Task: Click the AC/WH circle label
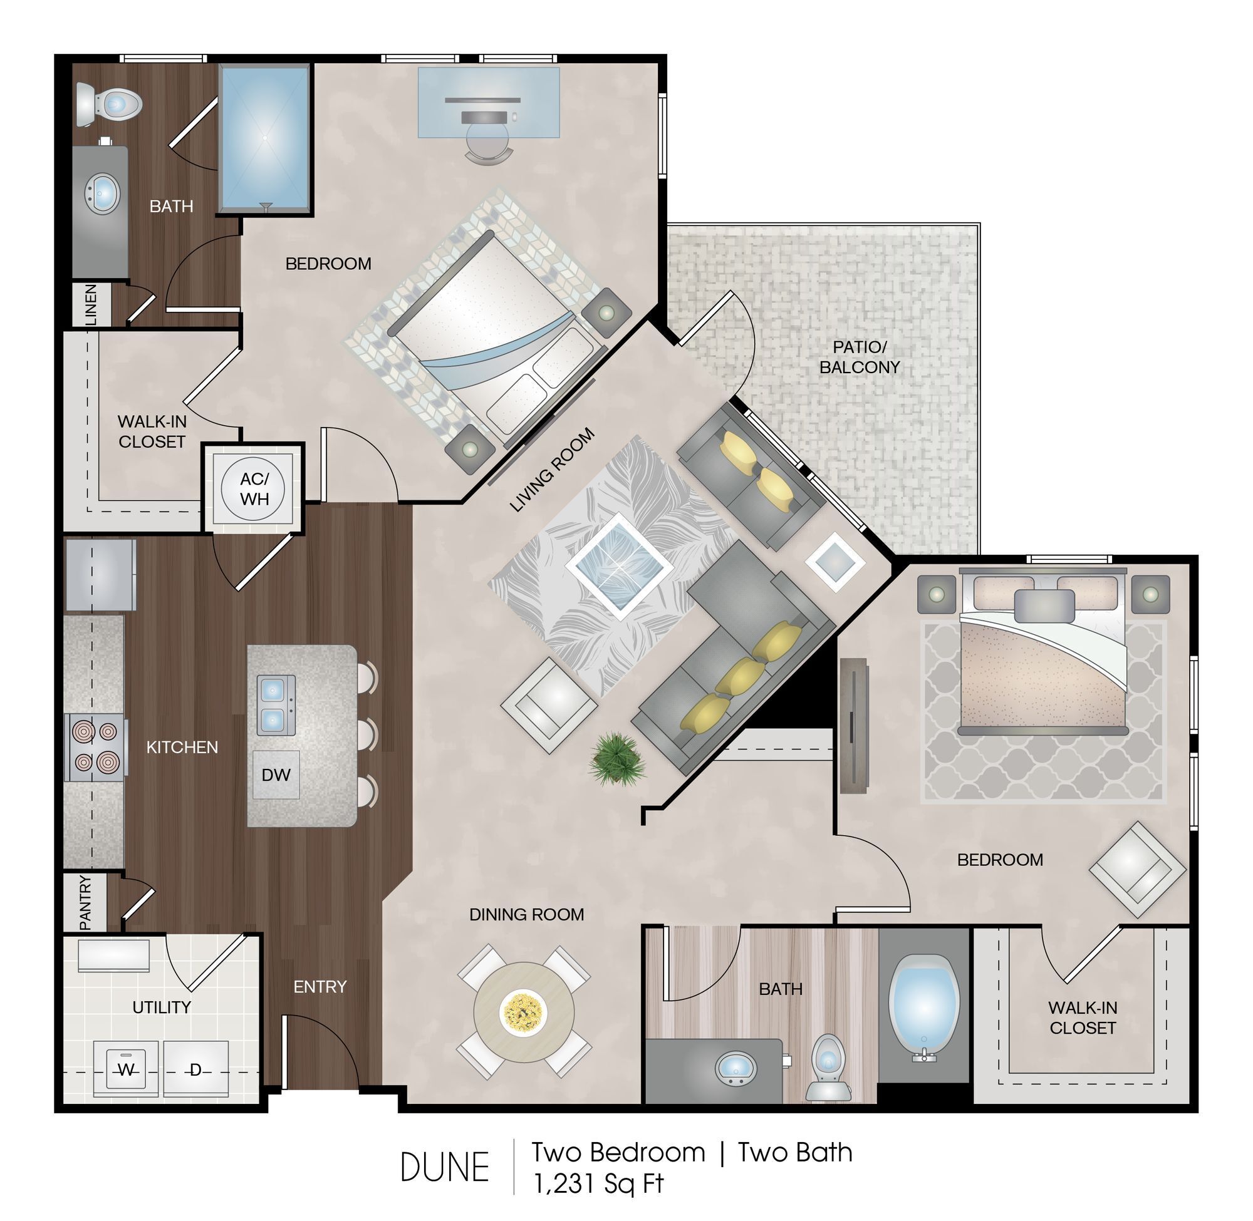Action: tap(254, 488)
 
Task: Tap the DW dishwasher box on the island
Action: tap(276, 775)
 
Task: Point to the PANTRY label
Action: tap(85, 903)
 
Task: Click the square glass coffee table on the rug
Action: tap(619, 566)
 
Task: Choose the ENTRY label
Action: tap(320, 986)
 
